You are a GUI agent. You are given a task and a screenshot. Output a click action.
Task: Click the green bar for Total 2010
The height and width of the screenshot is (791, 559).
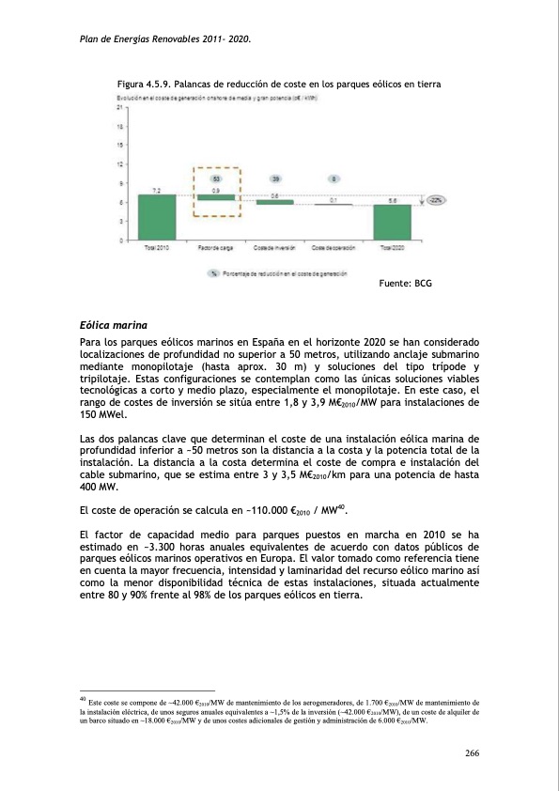(x=156, y=216)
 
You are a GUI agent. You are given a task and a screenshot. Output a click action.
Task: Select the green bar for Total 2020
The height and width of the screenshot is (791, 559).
(x=392, y=221)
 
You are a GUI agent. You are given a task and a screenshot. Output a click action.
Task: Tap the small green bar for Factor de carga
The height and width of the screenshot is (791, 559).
(x=215, y=197)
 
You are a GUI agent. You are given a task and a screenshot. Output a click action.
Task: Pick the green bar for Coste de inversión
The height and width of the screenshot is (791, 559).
(x=274, y=202)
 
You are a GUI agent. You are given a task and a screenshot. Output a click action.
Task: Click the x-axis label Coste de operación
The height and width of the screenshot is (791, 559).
(x=333, y=248)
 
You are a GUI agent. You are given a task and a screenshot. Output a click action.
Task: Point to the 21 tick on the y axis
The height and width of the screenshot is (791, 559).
(x=121, y=108)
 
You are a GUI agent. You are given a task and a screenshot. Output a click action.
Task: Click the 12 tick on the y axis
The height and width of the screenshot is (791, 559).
(x=121, y=163)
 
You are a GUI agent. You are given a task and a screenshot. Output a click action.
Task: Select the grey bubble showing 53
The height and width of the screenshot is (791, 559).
(x=215, y=178)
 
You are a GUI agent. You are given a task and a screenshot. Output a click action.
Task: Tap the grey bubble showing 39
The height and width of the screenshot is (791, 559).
(x=274, y=178)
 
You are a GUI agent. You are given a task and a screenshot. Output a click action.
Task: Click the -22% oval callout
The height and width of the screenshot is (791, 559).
(x=436, y=200)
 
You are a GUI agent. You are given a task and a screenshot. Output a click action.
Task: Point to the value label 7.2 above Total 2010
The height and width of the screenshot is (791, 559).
(x=156, y=191)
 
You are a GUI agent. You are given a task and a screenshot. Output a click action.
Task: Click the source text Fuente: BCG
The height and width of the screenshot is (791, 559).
(x=403, y=283)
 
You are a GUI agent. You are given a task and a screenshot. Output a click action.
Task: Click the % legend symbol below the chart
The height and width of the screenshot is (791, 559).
(x=215, y=272)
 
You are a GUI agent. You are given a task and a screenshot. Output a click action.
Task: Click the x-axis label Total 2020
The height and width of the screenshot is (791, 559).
(x=392, y=248)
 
